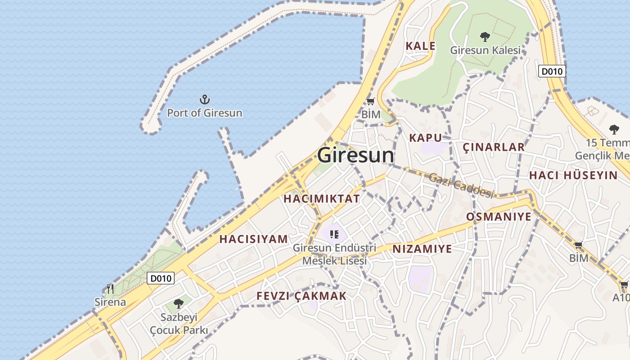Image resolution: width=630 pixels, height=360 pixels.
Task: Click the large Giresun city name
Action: (x=355, y=156)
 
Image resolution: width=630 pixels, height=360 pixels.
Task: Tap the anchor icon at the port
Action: (x=205, y=99)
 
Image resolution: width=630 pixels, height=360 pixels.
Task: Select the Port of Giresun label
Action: (x=204, y=113)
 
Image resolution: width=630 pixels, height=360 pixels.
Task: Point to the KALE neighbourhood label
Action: (x=420, y=46)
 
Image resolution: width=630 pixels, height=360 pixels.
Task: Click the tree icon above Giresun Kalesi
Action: (x=485, y=36)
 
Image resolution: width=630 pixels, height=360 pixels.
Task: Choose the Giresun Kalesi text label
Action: (x=485, y=50)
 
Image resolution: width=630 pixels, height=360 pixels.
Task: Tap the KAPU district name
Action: (x=425, y=138)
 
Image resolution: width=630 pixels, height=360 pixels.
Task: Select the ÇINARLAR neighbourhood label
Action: (x=494, y=147)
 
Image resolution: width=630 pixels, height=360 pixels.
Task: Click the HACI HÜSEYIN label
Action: (x=573, y=175)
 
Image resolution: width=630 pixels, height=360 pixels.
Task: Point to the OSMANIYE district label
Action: (x=499, y=217)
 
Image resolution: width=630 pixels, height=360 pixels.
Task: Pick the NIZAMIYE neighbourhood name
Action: (x=422, y=249)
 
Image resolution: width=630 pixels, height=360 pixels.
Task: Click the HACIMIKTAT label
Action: (x=322, y=198)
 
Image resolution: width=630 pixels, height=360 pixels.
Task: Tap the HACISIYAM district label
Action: (x=253, y=239)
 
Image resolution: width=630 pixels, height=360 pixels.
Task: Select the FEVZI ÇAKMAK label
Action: (x=301, y=296)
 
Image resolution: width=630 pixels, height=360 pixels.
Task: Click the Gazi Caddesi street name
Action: (x=461, y=185)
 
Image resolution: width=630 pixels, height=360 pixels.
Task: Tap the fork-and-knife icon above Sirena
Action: (x=110, y=288)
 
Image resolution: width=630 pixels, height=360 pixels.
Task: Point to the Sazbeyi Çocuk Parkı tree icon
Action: (x=179, y=304)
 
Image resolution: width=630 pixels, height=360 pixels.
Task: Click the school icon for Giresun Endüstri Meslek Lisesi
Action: (x=334, y=234)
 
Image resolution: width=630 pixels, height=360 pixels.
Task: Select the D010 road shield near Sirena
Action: (x=161, y=279)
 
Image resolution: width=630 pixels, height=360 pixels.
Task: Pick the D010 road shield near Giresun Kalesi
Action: (x=552, y=71)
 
